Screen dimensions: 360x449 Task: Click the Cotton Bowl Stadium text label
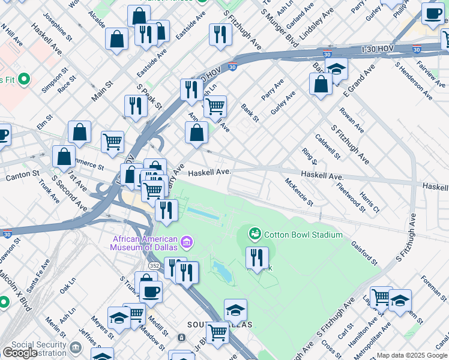pyautogui.click(x=303, y=235)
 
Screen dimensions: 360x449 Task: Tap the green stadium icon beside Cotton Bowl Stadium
pyautogui.click(x=255, y=233)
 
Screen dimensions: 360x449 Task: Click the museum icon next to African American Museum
pyautogui.click(x=187, y=242)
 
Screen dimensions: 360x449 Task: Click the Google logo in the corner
pyautogui.click(x=20, y=353)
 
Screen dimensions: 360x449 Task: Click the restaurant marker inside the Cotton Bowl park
pyautogui.click(x=257, y=258)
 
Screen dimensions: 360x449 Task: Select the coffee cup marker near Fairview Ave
pyautogui.click(x=432, y=14)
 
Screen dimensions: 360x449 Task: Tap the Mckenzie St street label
pyautogui.click(x=298, y=191)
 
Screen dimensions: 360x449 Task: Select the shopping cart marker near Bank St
pyautogui.click(x=215, y=107)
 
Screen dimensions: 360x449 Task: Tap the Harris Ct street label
pyautogui.click(x=369, y=202)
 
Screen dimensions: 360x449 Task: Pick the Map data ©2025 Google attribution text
pyautogui.click(x=412, y=355)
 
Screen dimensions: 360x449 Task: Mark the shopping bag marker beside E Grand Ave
pyautogui.click(x=321, y=84)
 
